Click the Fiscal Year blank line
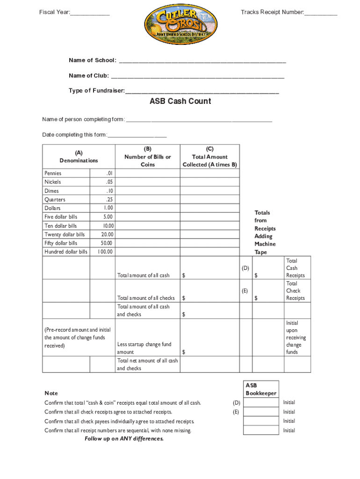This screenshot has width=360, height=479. [90, 13]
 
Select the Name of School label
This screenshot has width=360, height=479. [93, 60]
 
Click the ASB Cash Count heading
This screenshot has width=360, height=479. [180, 101]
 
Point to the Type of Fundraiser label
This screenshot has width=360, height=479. [97, 90]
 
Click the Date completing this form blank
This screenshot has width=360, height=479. [137, 136]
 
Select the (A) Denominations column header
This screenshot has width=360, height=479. [79, 156]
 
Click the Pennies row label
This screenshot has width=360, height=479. [53, 173]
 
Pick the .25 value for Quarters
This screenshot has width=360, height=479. [109, 199]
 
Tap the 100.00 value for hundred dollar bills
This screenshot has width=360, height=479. [105, 252]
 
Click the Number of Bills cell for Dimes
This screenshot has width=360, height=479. [148, 191]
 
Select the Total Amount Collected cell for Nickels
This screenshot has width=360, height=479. [210, 182]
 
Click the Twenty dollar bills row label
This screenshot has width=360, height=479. [65, 234]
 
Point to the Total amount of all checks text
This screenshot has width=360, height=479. [146, 298]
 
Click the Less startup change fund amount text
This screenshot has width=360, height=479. [144, 348]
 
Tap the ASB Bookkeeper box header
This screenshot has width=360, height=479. [261, 389]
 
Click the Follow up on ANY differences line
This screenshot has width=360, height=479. [124, 439]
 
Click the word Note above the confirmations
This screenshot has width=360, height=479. [51, 393]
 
